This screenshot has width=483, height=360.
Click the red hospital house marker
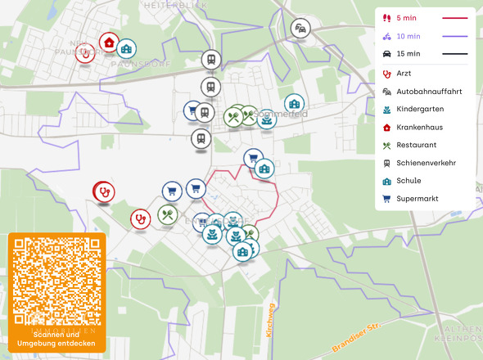click(108, 43)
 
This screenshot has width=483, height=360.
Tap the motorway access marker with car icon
click(301, 28)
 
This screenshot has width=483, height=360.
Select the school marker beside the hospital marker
click(127, 49)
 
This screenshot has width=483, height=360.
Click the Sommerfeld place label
click(281, 114)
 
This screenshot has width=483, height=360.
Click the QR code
click(56, 281)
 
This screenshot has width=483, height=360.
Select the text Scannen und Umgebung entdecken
click(56, 339)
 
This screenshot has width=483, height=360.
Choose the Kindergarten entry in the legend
click(420, 109)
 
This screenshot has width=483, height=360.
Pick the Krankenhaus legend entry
click(421, 127)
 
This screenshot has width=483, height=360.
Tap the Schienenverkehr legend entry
click(426, 163)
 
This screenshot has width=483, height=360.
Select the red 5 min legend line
click(454, 17)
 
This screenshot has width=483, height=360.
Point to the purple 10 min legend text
click(409, 36)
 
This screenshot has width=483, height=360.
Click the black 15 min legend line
click(454, 54)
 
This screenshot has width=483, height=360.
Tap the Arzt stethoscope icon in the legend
click(386, 74)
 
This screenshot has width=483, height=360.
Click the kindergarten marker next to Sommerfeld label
click(266, 120)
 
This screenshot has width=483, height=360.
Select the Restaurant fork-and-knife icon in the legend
click(386, 145)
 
